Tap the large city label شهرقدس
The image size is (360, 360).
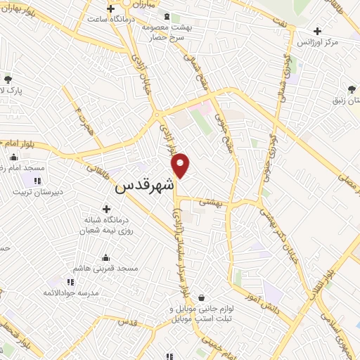[x=143, y=188]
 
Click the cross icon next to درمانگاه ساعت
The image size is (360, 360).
[x=111, y=7]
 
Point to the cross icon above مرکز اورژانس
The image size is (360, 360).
[x=318, y=31]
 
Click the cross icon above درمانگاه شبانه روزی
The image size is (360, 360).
[x=106, y=208]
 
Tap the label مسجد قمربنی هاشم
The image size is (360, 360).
[x=108, y=269]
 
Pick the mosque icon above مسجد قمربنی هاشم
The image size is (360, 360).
[x=105, y=257]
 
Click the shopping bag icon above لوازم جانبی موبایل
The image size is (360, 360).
[x=202, y=298]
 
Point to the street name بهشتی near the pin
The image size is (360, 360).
[x=209, y=201]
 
